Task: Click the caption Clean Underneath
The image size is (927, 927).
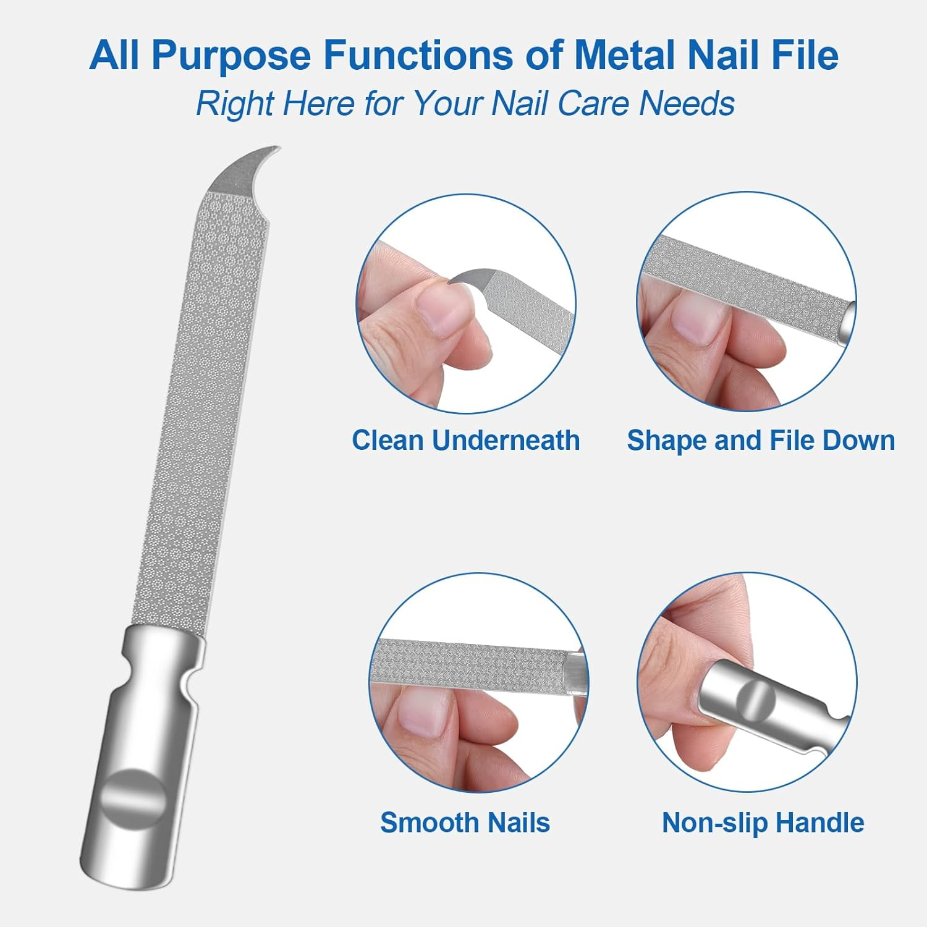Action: [x=465, y=441]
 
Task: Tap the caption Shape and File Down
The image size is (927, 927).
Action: [x=761, y=441]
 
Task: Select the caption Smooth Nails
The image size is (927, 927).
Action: [x=465, y=823]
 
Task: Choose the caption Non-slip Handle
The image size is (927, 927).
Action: [x=763, y=823]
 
